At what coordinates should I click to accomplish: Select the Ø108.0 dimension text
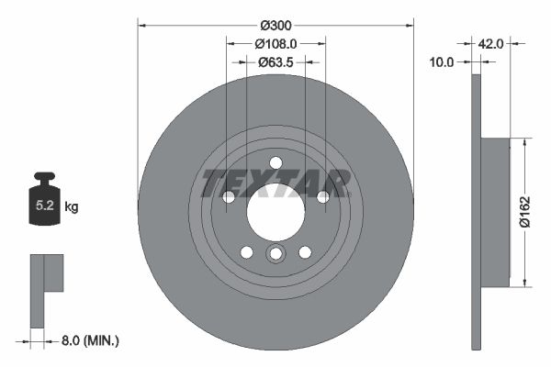(275, 42)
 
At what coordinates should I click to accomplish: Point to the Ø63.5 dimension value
(275, 62)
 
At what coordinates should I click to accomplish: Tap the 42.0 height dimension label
(490, 42)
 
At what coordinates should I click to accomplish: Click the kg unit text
(72, 207)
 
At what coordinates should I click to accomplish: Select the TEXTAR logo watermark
(275, 182)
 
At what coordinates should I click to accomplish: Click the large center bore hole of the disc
(275, 213)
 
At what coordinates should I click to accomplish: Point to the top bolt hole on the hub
(275, 163)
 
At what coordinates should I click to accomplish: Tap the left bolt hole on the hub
(229, 196)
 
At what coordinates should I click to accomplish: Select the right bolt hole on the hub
(322, 196)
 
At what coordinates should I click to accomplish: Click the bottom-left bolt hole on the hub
(246, 252)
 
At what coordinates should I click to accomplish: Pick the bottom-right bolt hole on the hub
(305, 252)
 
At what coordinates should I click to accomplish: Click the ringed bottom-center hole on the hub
(275, 254)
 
